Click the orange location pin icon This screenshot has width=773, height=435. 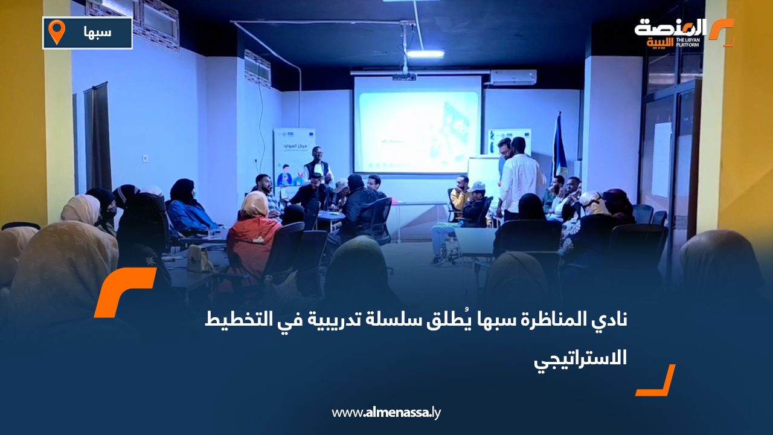click(56, 32)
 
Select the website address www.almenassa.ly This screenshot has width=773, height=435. click(386, 413)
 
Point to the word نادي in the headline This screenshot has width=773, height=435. click(612, 320)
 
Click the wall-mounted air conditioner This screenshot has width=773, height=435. click(513, 77)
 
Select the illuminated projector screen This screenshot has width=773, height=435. click(417, 124)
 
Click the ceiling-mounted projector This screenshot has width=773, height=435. click(404, 76)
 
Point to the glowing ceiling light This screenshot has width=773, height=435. click(425, 54)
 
